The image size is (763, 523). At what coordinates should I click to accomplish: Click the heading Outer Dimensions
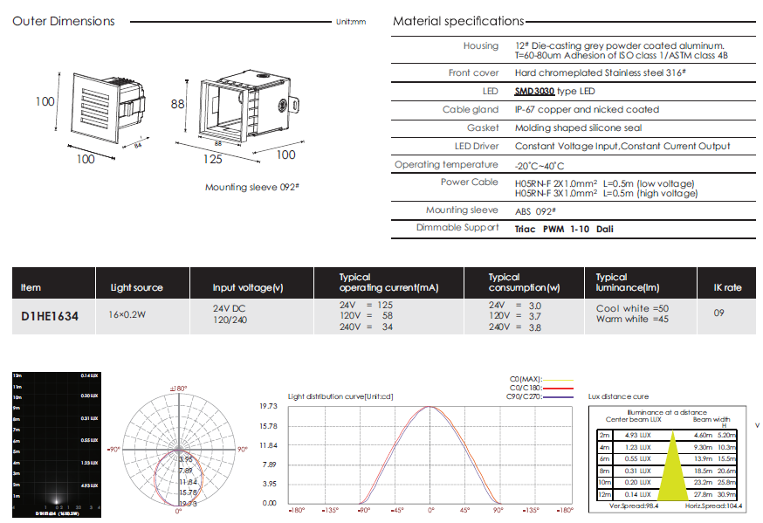[63, 21]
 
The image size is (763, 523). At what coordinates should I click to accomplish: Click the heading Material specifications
[458, 21]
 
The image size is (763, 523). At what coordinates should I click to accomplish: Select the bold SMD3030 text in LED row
[534, 91]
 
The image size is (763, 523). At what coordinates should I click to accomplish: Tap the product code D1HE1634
[49, 316]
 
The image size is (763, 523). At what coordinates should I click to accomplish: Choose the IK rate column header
[720, 287]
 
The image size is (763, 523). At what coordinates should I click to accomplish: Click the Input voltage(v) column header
[248, 287]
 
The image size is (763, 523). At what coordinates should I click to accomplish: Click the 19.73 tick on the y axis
[268, 407]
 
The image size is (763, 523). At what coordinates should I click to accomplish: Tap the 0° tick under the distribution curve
[430, 510]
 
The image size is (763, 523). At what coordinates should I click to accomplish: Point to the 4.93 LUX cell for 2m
[636, 435]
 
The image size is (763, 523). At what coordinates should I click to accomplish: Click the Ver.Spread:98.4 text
[633, 506]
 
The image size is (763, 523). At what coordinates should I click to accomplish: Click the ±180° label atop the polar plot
[178, 388]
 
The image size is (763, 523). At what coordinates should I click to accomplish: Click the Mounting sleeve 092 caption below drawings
[253, 187]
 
